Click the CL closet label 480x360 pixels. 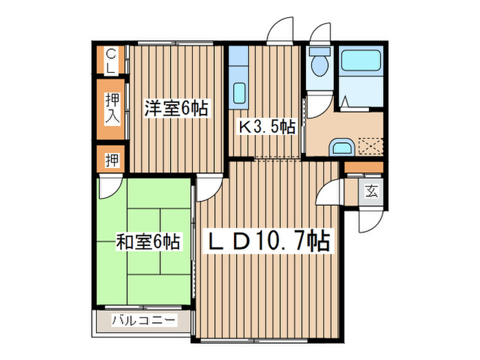[x=111, y=60]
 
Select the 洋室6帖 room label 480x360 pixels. [x=176, y=108]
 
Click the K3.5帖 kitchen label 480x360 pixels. [x=266, y=127]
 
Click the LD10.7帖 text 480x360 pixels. [x=269, y=241]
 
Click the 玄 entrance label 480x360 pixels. [x=371, y=191]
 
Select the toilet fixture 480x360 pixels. [x=318, y=64]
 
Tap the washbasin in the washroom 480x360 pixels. [x=341, y=147]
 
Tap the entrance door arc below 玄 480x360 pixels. [x=371, y=219]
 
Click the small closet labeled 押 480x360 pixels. [x=111, y=160]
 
